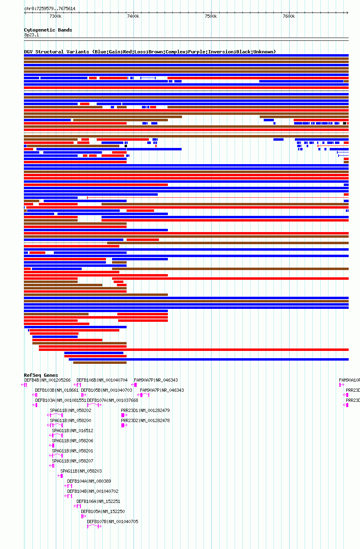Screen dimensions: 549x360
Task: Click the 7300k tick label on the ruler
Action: point(55,16)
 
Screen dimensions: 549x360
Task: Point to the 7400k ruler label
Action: point(133,16)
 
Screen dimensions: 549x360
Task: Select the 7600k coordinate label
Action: point(288,16)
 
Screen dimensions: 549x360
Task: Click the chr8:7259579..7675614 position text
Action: point(50,8)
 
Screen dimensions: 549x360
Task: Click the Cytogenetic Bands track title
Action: point(48,30)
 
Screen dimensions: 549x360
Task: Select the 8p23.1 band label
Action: point(31,35)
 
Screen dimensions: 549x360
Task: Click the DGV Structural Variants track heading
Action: point(150,52)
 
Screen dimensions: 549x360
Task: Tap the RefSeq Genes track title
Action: point(41,375)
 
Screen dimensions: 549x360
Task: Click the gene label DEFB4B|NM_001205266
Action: point(47,380)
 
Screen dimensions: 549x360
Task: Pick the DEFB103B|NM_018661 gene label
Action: point(57,390)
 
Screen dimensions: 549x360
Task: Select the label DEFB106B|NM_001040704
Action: point(102,380)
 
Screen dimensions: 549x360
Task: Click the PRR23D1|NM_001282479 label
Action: point(145,410)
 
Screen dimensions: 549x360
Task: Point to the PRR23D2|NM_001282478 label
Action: point(145,420)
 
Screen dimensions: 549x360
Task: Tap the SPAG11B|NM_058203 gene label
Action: point(81,471)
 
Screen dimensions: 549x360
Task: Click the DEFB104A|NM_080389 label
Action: point(89,481)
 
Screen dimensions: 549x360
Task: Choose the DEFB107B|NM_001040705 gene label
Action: point(112,522)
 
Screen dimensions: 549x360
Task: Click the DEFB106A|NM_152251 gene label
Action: point(98,501)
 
